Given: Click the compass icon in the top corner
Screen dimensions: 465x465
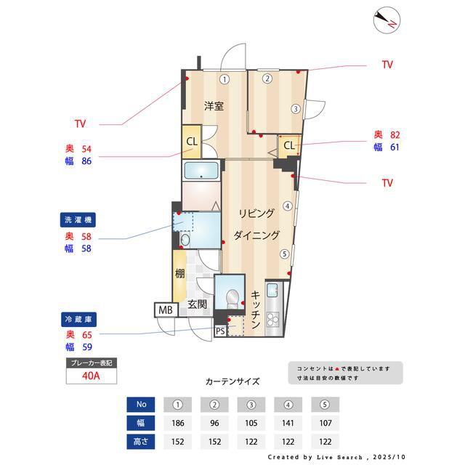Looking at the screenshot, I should (x=385, y=20).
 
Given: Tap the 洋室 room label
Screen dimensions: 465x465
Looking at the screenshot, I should (x=213, y=106).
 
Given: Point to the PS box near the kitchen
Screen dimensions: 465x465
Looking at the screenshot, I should (x=220, y=331).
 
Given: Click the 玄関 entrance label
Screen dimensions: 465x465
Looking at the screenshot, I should (x=198, y=304).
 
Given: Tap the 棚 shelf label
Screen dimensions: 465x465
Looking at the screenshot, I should (x=179, y=274).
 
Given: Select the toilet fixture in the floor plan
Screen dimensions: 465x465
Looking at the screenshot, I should (x=232, y=296).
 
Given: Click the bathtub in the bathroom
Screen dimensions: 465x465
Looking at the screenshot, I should (x=201, y=171).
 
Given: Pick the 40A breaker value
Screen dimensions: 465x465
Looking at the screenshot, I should (x=92, y=376).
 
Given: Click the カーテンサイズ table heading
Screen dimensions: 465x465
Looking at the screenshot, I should (x=232, y=381).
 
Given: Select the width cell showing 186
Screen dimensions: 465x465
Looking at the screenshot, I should (x=178, y=422).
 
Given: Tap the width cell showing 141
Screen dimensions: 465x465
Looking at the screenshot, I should (x=289, y=422).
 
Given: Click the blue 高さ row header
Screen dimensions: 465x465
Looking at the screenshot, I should (x=141, y=440).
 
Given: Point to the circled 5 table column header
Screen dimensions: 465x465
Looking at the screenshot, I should (x=325, y=404).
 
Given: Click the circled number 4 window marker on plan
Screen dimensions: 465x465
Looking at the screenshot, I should (x=288, y=206).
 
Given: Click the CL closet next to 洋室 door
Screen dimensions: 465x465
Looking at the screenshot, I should (x=192, y=142).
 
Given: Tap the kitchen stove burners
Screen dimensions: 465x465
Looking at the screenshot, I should (x=274, y=319).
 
